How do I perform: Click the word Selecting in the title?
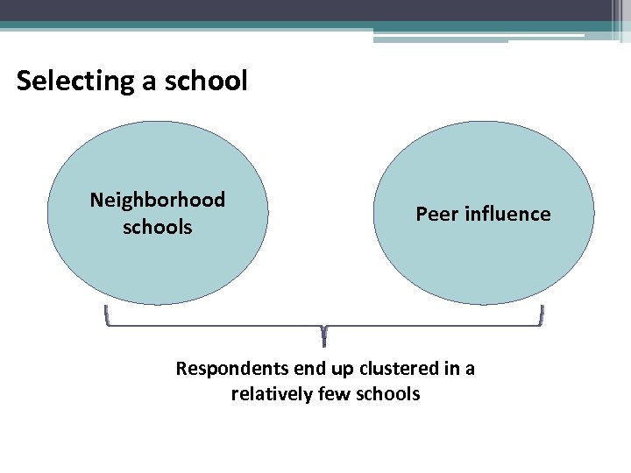coord(72,81)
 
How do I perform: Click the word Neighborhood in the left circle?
coord(158,200)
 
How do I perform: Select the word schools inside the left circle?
coord(158,227)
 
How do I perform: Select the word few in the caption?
coord(334,394)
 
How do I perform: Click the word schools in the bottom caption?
coord(386,394)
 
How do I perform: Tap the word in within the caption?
coord(447,369)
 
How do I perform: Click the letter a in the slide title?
coord(141,81)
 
